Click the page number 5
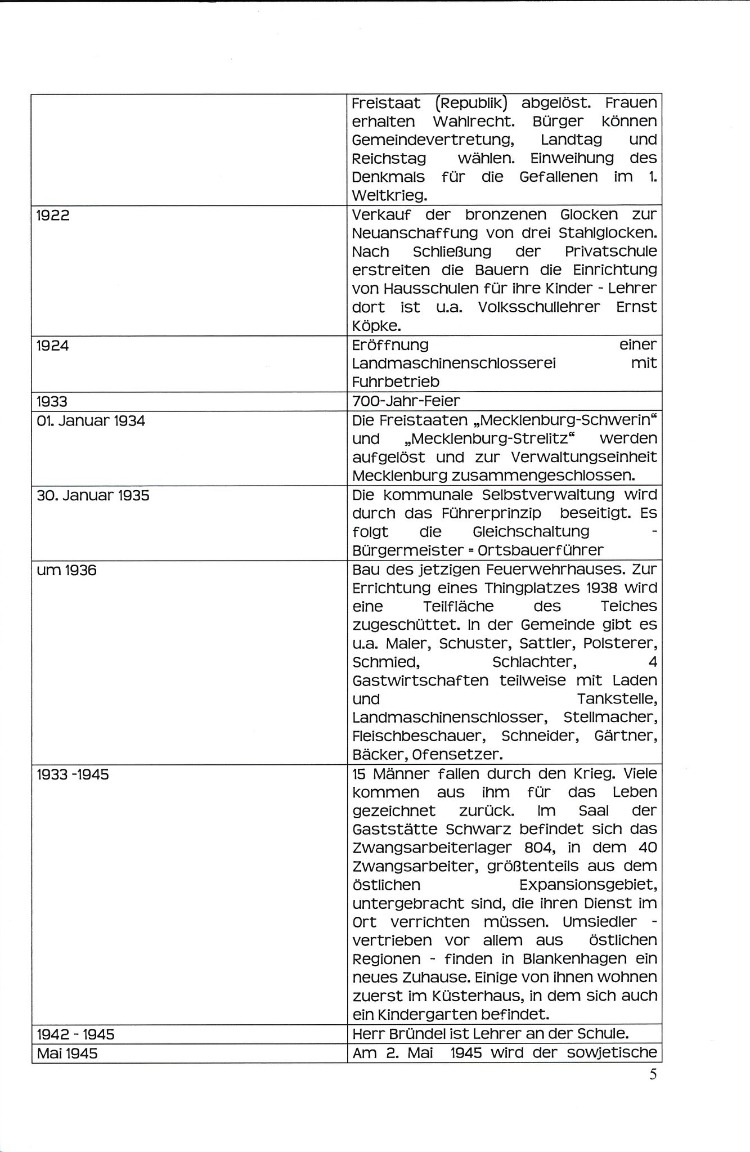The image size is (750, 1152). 653,1074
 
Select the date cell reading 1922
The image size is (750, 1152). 53,216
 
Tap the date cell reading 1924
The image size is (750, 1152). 53,346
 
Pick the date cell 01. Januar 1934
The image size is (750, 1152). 91,421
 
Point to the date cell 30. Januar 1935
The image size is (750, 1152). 93,496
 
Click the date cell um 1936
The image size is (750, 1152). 66,571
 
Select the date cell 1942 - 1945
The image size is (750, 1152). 75,1034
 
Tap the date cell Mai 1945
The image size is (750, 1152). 67,1053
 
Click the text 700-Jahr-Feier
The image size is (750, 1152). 406,401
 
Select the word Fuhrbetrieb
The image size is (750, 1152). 396,382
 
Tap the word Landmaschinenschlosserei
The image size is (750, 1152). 453,364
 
